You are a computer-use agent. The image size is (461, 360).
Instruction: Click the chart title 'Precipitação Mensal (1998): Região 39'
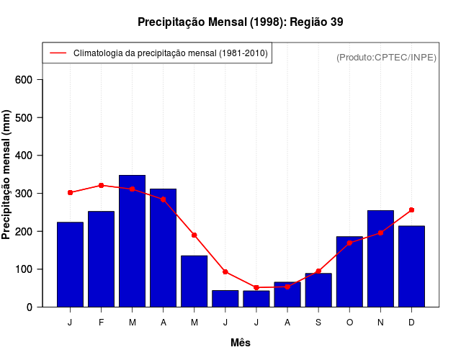pyautogui.click(x=240, y=22)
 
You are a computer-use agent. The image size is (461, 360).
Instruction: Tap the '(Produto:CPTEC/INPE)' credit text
pyautogui.click(x=386, y=58)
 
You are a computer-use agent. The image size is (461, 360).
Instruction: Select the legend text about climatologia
pyautogui.click(x=171, y=53)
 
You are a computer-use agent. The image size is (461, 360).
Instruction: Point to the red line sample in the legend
pyautogui.click(x=58, y=53)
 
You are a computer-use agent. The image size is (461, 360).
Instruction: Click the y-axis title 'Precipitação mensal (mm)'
pyautogui.click(x=7, y=175)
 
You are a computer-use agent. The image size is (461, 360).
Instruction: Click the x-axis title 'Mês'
pyautogui.click(x=241, y=343)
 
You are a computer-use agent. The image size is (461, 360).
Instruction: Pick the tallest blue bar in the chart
pyautogui.click(x=133, y=241)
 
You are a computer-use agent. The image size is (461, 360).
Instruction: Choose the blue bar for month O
pyautogui.click(x=349, y=271)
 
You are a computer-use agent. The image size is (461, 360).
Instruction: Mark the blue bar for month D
pyautogui.click(x=411, y=266)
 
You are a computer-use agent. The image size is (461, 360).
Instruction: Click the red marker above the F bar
pyautogui.click(x=102, y=185)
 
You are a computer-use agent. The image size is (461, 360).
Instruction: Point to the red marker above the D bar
pyautogui.click(x=411, y=210)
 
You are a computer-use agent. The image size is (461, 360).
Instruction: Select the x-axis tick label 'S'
pyautogui.click(x=318, y=323)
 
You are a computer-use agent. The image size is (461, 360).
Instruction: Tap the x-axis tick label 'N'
pyautogui.click(x=380, y=323)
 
